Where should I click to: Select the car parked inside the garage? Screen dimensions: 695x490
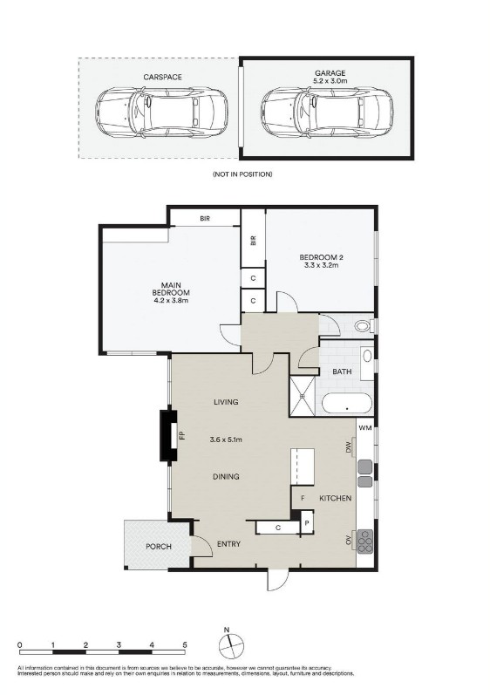coord(328,111)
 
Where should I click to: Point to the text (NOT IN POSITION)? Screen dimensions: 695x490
coord(242,174)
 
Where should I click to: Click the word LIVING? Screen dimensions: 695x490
coord(227,402)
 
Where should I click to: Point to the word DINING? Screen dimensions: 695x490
coord(227,477)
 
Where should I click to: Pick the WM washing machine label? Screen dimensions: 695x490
coord(364,428)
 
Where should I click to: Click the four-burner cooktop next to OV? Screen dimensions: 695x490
coord(365,540)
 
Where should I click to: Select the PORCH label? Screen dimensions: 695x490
coord(157,548)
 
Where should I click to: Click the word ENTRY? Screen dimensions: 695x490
coord(228,544)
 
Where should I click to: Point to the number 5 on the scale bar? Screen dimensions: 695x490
coord(184,644)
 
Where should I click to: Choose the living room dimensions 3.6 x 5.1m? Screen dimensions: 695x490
coord(227,439)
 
